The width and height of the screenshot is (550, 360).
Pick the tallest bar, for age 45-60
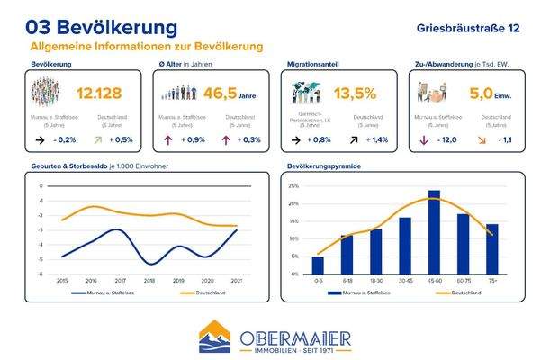tap(434, 232)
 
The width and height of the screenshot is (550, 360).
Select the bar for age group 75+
tap(491, 249)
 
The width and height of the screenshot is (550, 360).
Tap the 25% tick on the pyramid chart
tap(293, 186)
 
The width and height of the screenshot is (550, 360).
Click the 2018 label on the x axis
tap(150, 281)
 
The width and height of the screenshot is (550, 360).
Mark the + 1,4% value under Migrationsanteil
tap(379, 140)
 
